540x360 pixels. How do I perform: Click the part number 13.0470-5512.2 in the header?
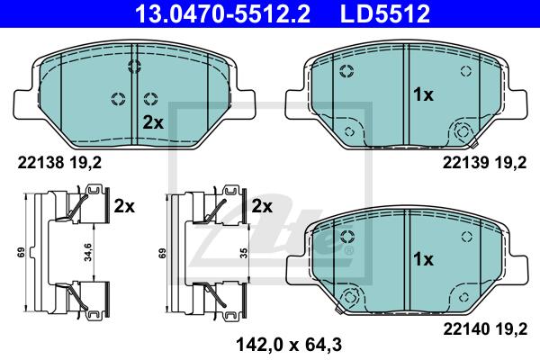222,13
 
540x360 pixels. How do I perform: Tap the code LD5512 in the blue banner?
384,13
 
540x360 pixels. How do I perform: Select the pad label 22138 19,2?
59,163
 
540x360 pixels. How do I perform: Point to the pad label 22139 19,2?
484,163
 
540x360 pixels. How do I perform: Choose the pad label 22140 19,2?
485,329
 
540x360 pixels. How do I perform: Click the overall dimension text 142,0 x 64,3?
289,345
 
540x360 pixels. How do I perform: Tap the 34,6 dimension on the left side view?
88,252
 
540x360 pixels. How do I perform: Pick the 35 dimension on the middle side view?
244,253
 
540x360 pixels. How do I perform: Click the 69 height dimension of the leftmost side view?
22,253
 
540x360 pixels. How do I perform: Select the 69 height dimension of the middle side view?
162,253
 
